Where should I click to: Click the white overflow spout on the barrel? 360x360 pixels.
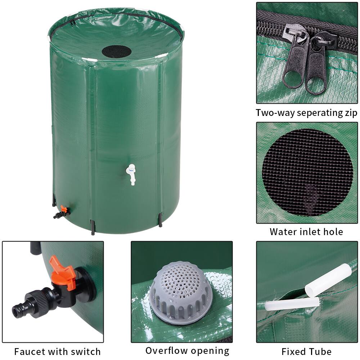(x=131, y=174)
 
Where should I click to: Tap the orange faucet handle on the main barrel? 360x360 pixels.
(x=64, y=209)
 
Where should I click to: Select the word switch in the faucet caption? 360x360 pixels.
(x=87, y=351)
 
